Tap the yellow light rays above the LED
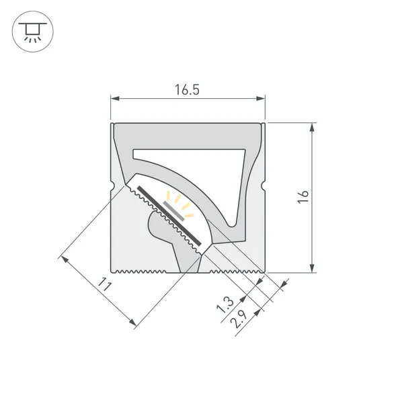180,201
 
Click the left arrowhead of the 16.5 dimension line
115,100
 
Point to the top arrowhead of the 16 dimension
313,127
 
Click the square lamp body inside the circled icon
31,28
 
